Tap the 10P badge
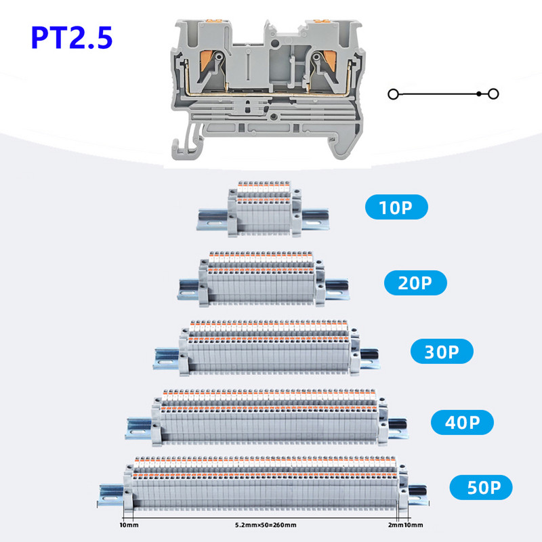click(x=397, y=207)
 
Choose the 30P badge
click(x=442, y=352)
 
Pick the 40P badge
click(x=463, y=423)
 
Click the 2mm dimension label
click(x=395, y=524)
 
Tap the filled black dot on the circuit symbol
click(x=479, y=93)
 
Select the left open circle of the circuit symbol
click(x=393, y=94)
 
